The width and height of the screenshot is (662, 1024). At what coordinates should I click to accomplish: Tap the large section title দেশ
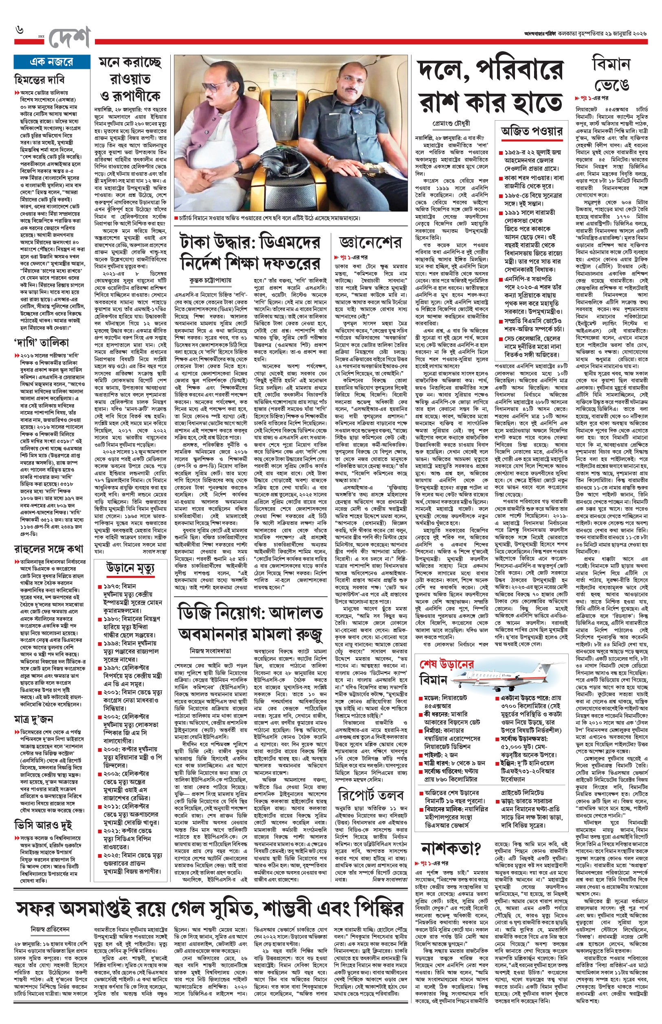pyautogui.click(x=69, y=38)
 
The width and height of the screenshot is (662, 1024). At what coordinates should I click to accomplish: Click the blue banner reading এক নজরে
pyautogui.click(x=51, y=62)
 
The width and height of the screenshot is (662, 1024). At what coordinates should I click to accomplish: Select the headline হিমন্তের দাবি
pyautogui.click(x=40, y=79)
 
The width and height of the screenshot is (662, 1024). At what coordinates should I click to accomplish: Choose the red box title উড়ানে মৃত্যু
pyautogui.click(x=130, y=568)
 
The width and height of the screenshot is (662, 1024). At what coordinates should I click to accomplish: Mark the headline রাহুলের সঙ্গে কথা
pyautogui.click(x=48, y=548)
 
